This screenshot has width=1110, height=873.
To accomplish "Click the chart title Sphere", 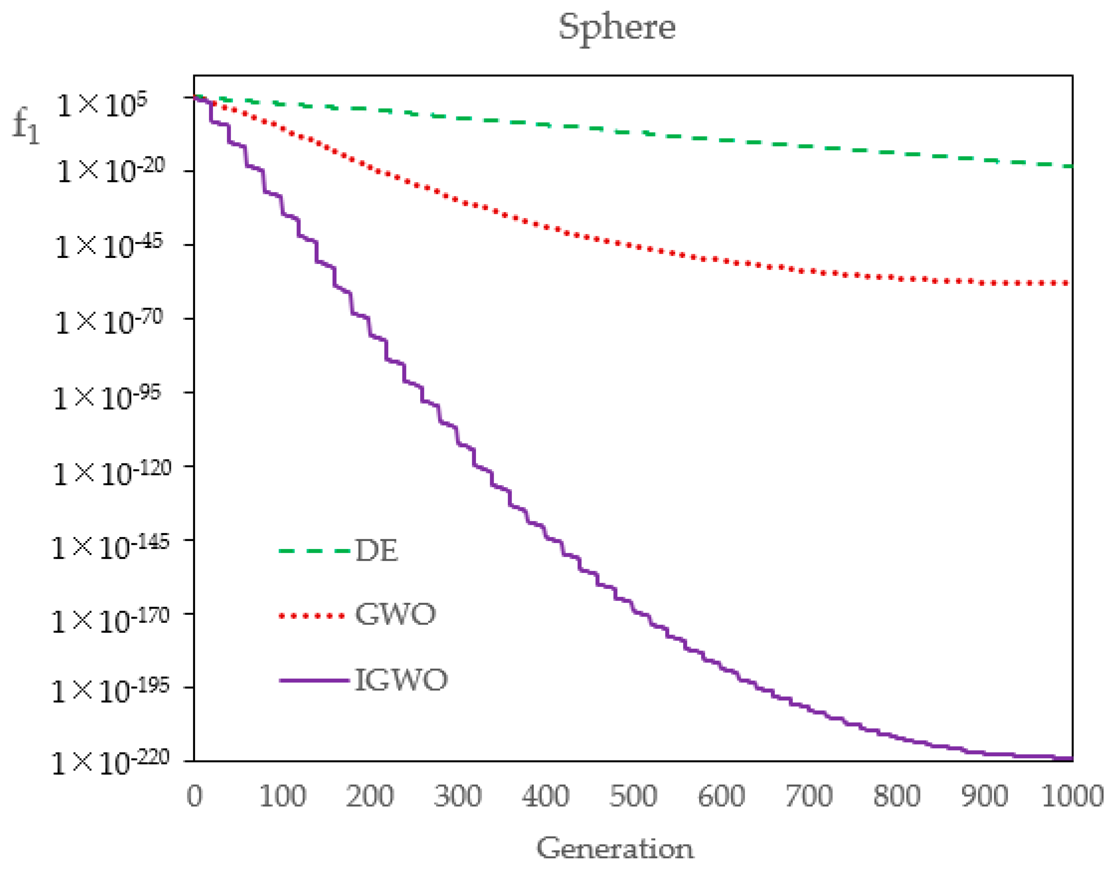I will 617,28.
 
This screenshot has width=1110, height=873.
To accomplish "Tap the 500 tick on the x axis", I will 633,796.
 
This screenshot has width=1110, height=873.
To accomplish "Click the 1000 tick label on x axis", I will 1072,796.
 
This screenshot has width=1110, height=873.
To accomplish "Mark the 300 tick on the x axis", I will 457,796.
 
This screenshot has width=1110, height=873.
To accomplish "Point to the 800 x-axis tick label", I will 897,796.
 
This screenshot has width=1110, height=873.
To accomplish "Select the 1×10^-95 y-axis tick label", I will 106,398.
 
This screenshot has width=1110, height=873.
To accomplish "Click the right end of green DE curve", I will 1070,166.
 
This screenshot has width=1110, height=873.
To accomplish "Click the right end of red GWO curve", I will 1067,282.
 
